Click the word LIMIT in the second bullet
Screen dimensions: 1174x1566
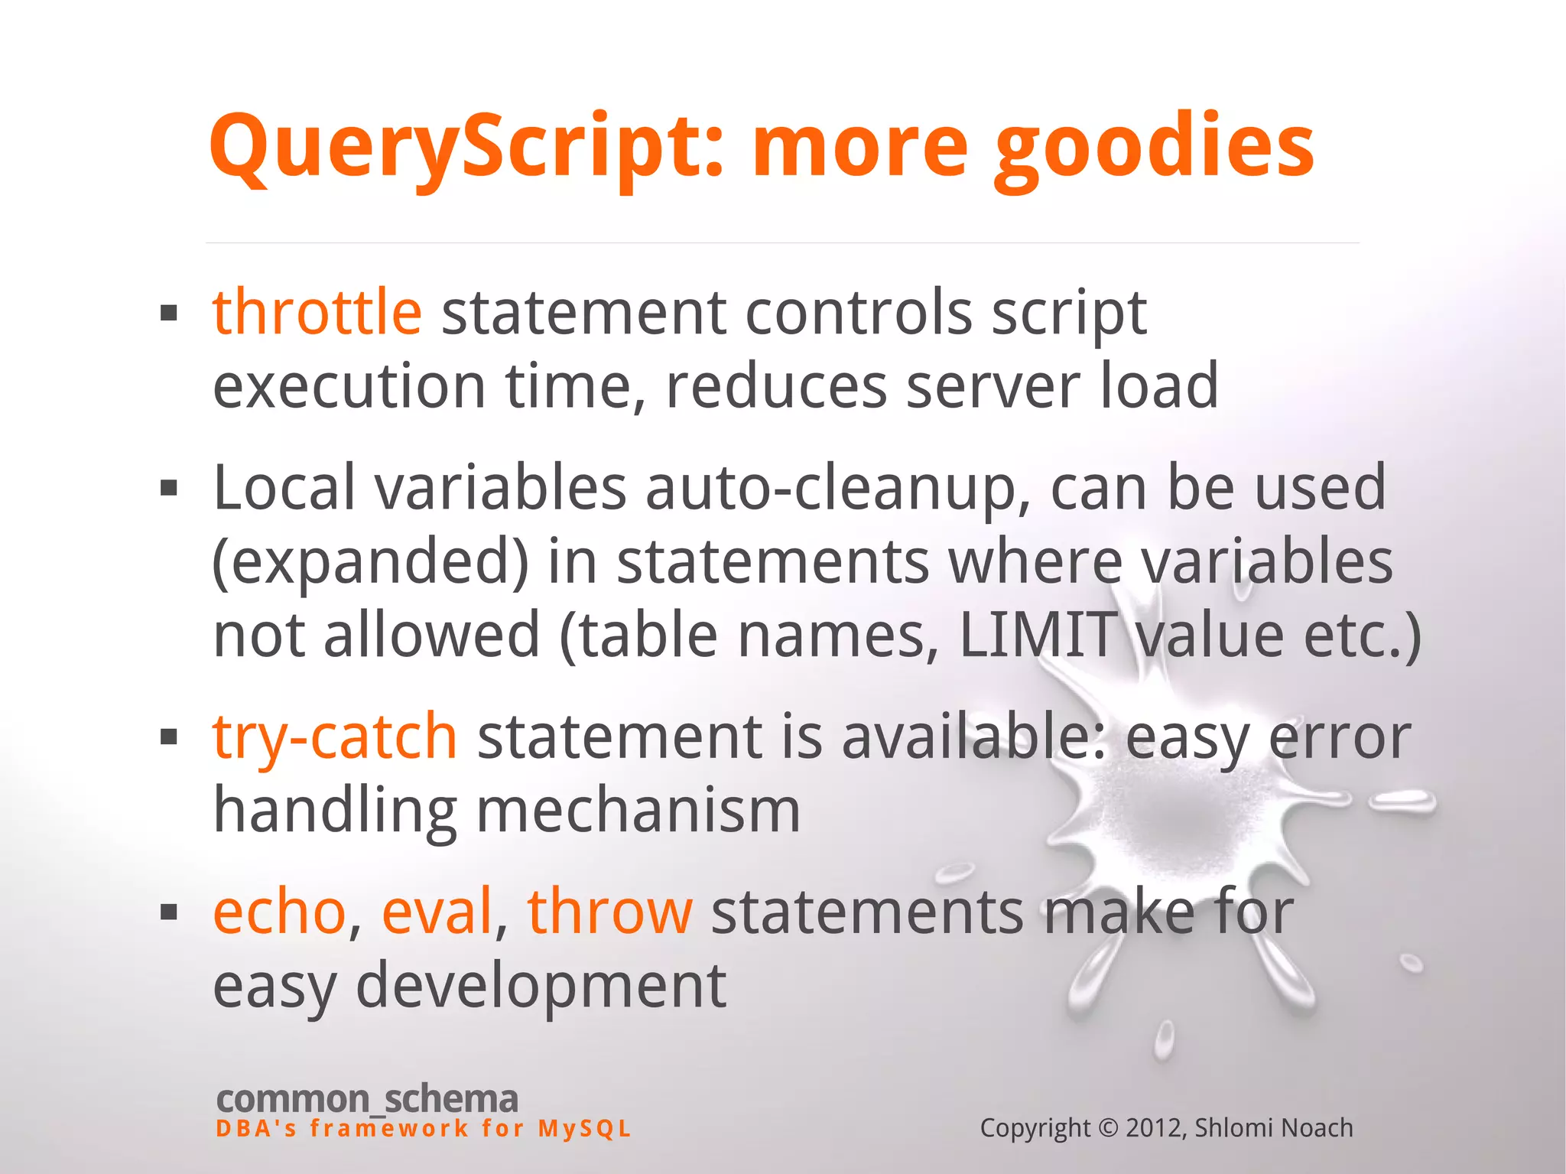(1037, 635)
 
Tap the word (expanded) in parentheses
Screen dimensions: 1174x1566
(371, 561)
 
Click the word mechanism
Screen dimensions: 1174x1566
(638, 810)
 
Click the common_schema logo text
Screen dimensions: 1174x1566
(367, 1099)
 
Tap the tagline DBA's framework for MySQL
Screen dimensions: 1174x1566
(424, 1129)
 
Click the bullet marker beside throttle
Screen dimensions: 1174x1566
(169, 313)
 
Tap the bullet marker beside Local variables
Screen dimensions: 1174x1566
(169, 488)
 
